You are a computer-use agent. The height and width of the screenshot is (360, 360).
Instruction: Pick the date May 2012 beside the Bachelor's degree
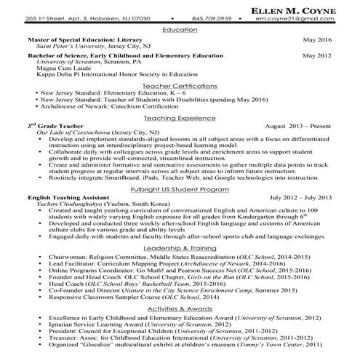click(x=317, y=55)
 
